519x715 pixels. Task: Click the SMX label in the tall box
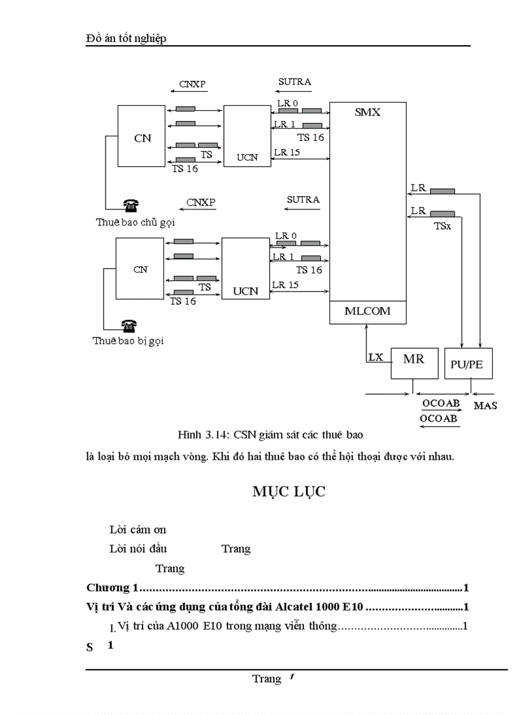click(368, 112)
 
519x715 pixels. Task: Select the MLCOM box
click(368, 311)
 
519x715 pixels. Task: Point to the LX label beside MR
click(375, 357)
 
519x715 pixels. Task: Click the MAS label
click(485, 406)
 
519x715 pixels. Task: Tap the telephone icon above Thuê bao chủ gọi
click(132, 205)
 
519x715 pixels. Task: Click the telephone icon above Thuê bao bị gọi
click(129, 326)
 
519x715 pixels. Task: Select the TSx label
click(443, 225)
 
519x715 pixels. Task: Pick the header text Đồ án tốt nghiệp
click(125, 39)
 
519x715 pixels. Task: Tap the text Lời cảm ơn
click(138, 529)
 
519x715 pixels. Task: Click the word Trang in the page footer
click(266, 679)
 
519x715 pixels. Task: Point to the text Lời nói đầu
click(138, 548)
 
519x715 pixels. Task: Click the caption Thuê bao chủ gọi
click(135, 222)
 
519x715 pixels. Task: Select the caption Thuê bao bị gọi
click(128, 341)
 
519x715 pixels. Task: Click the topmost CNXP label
click(192, 83)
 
